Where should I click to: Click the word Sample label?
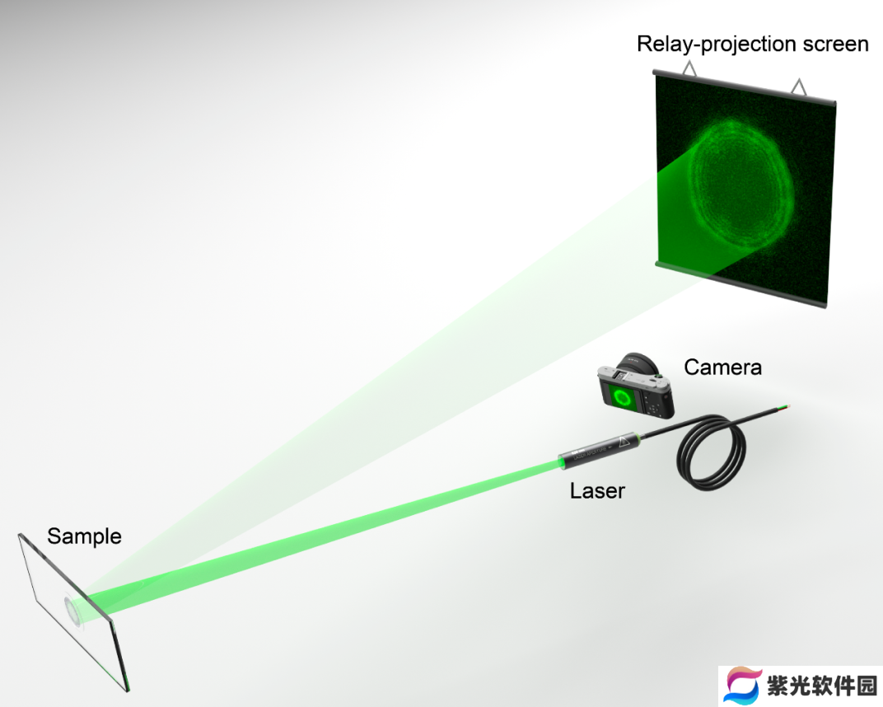coord(84,536)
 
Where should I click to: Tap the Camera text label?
coord(722,368)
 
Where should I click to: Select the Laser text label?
coord(597,490)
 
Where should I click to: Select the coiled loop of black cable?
coord(711,453)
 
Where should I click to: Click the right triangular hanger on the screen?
coord(798,87)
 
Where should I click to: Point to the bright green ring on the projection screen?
coord(742,186)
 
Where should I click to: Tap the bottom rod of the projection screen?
coord(741,283)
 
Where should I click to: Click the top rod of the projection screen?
coord(744,87)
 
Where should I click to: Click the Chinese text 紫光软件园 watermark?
coord(821,686)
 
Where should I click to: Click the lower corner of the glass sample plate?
coord(127,690)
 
